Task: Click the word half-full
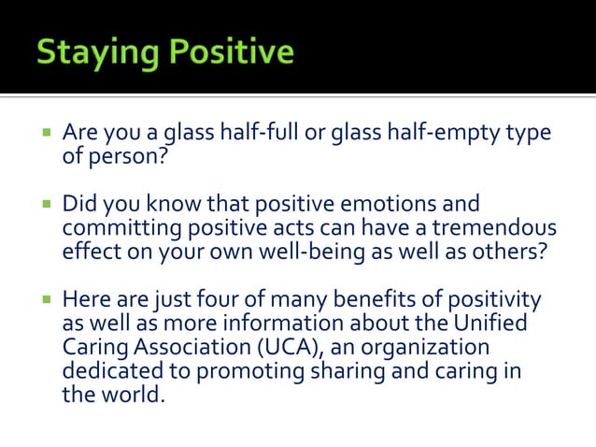point(258,135)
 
